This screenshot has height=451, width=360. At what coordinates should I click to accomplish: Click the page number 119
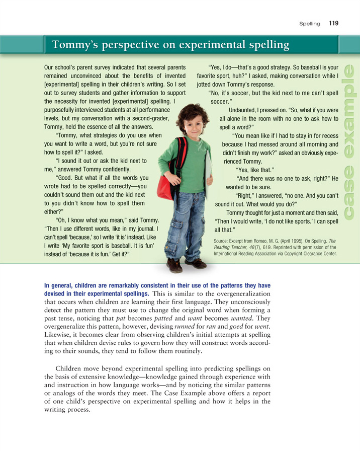[x=333, y=23]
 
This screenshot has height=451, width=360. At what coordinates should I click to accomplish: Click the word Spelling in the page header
[x=310, y=24]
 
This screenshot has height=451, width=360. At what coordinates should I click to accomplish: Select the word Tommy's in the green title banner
[x=74, y=45]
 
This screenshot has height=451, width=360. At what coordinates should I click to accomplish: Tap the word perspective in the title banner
[x=127, y=45]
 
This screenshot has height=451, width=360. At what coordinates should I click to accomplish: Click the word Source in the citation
[x=222, y=241]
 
